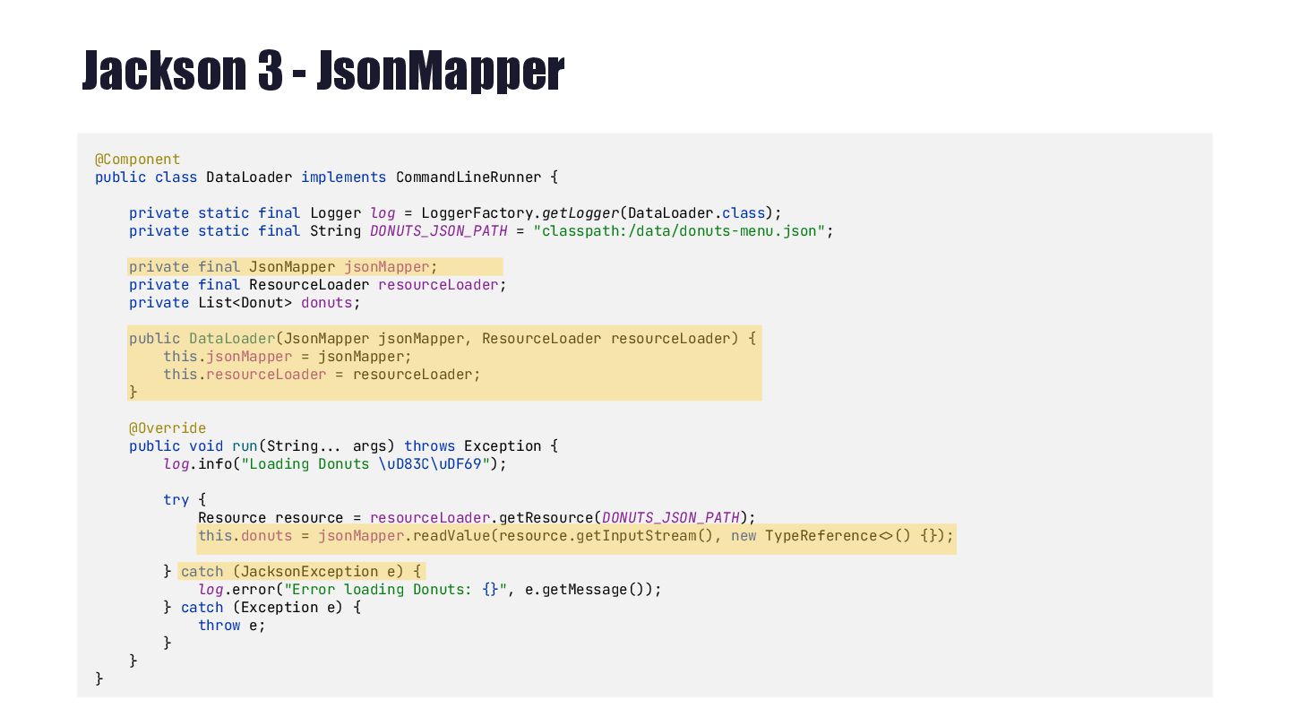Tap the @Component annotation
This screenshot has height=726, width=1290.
pyautogui.click(x=138, y=160)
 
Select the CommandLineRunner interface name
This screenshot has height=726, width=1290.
pyautogui.click(x=469, y=177)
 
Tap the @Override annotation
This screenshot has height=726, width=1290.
pyautogui.click(x=168, y=428)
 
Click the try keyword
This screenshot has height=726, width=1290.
pyautogui.click(x=176, y=500)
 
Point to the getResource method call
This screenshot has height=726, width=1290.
pyautogui.click(x=546, y=518)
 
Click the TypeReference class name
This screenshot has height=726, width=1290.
pyautogui.click(x=821, y=536)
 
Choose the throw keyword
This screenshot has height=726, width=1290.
pyautogui.click(x=219, y=626)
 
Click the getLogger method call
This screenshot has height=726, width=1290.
pyautogui.click(x=580, y=213)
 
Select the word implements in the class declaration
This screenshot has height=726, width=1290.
pyautogui.click(x=344, y=177)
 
